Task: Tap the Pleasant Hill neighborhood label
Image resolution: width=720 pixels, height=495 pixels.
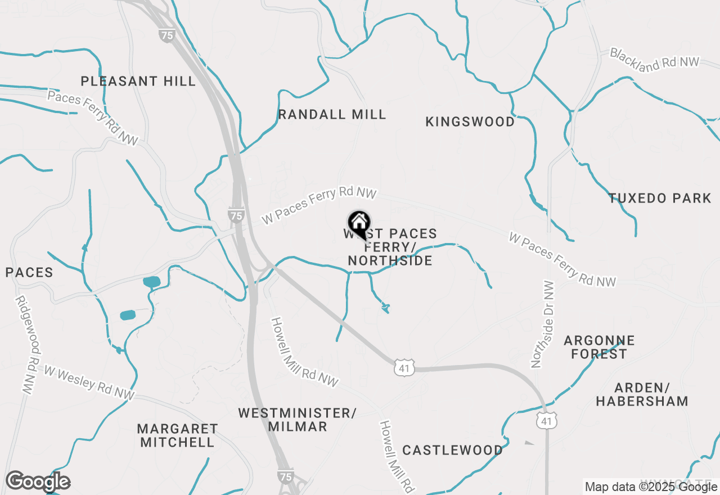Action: tap(138, 81)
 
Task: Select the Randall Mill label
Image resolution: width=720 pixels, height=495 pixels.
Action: tap(332, 115)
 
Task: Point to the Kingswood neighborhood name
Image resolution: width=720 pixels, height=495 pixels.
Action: tap(470, 122)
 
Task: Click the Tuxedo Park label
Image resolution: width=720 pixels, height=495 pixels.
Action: tap(660, 198)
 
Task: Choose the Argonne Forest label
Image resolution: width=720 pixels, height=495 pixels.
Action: tap(599, 347)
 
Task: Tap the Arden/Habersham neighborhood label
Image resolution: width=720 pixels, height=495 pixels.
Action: tap(642, 394)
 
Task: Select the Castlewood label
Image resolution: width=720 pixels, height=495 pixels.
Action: tap(453, 450)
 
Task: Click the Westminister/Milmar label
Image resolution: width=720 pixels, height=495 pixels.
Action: tap(297, 420)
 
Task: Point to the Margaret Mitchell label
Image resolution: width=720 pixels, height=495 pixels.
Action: tap(177, 435)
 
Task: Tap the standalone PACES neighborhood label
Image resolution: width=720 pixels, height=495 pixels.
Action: tap(29, 273)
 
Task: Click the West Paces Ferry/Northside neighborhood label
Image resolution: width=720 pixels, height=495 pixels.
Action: tap(390, 247)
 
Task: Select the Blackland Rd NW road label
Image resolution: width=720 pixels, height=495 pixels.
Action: tap(654, 59)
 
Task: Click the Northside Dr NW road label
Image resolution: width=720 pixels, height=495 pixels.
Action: tap(543, 325)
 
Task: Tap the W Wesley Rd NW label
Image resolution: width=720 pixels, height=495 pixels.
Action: tap(89, 384)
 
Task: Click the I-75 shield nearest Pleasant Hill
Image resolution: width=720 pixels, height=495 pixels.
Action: tap(166, 35)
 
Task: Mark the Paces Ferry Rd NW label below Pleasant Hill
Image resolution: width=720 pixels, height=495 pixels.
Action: tap(93, 118)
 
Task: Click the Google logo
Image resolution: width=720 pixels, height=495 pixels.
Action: tap(38, 481)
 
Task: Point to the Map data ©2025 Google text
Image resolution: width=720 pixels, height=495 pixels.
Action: tap(651, 487)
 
